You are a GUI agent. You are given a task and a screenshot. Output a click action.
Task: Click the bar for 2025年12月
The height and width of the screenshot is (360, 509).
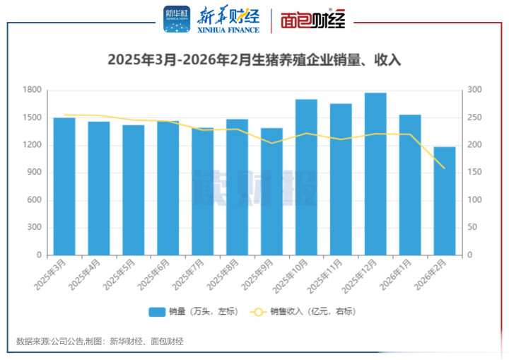pyautogui.click(x=375, y=174)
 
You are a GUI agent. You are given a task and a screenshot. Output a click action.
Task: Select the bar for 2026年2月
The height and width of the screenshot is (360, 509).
pyautogui.click(x=444, y=201)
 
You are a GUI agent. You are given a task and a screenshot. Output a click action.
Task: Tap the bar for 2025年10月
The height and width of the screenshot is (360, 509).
pyautogui.click(x=305, y=177)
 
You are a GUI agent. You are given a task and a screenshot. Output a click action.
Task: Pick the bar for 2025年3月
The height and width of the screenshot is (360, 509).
pyautogui.click(x=64, y=186)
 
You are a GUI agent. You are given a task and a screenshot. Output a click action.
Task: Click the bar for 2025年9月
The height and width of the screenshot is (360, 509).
pyautogui.click(x=271, y=191)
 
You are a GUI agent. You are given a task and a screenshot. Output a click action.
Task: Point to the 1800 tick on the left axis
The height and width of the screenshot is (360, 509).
pyautogui.click(x=32, y=90)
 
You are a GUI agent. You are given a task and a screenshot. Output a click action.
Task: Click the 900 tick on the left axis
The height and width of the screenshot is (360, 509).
pyautogui.click(x=34, y=173)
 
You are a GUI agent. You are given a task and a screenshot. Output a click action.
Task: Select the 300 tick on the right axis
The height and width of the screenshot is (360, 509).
pyautogui.click(x=474, y=90)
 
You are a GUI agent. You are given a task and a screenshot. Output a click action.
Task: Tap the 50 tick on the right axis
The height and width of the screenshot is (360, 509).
pyautogui.click(x=472, y=228)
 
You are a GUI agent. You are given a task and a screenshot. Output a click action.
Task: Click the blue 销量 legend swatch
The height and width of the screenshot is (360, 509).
pyautogui.click(x=156, y=311)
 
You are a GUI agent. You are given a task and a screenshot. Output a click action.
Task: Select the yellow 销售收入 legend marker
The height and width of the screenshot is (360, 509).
pyautogui.click(x=259, y=311)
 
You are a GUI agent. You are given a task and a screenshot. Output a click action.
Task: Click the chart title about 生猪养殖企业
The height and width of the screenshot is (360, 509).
pyautogui.click(x=255, y=60)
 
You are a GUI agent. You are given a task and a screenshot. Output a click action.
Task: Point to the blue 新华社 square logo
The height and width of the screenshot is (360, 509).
pyautogui.click(x=177, y=20)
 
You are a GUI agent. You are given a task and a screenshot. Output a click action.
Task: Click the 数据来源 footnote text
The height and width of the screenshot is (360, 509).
pyautogui.click(x=100, y=342)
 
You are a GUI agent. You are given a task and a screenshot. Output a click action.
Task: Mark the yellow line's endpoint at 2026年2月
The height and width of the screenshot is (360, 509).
pyautogui.click(x=444, y=168)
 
